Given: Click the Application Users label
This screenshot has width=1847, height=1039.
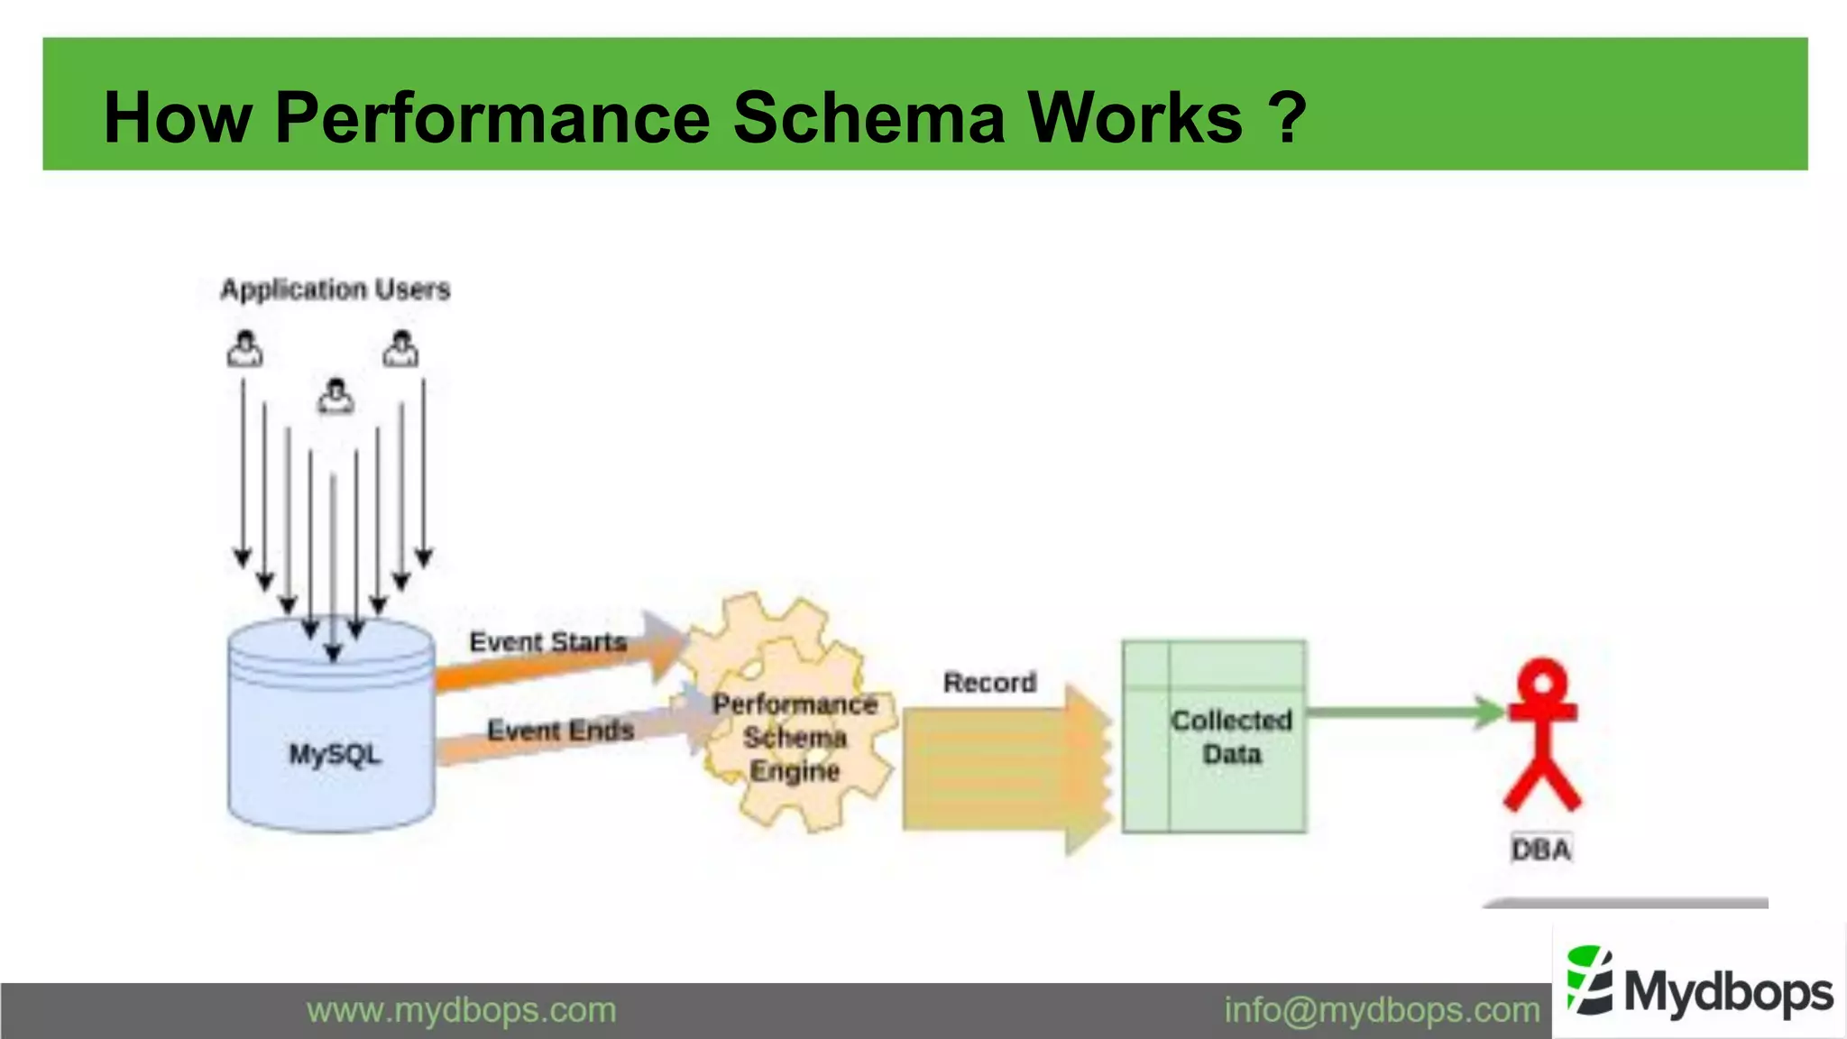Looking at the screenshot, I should [x=335, y=290].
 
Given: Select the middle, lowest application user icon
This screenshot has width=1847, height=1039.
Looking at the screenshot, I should [x=335, y=396].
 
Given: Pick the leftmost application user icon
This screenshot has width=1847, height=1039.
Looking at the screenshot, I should [x=244, y=349].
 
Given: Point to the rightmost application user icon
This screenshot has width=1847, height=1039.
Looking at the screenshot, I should [x=400, y=349].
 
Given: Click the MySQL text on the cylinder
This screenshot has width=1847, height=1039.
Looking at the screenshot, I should [x=335, y=754].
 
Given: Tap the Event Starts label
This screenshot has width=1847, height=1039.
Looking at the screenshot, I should [x=547, y=642].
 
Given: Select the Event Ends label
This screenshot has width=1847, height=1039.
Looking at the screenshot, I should [x=560, y=730].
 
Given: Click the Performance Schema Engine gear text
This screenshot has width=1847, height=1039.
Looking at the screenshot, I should [x=795, y=737].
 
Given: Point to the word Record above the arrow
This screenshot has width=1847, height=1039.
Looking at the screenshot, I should [x=989, y=683].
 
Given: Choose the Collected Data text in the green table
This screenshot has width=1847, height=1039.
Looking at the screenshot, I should [x=1231, y=737].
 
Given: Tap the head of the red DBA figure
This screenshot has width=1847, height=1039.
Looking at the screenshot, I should [x=1543, y=682].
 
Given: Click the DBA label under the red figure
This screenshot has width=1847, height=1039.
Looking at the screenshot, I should [x=1541, y=850].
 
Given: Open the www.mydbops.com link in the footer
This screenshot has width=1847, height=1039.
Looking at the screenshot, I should [x=461, y=1010].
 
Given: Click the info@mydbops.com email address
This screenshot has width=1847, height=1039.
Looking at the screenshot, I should [x=1381, y=1010].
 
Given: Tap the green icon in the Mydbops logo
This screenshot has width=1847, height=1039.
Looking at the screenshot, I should [x=1590, y=980].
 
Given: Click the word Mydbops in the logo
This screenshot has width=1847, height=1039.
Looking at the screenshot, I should [x=1728, y=992].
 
